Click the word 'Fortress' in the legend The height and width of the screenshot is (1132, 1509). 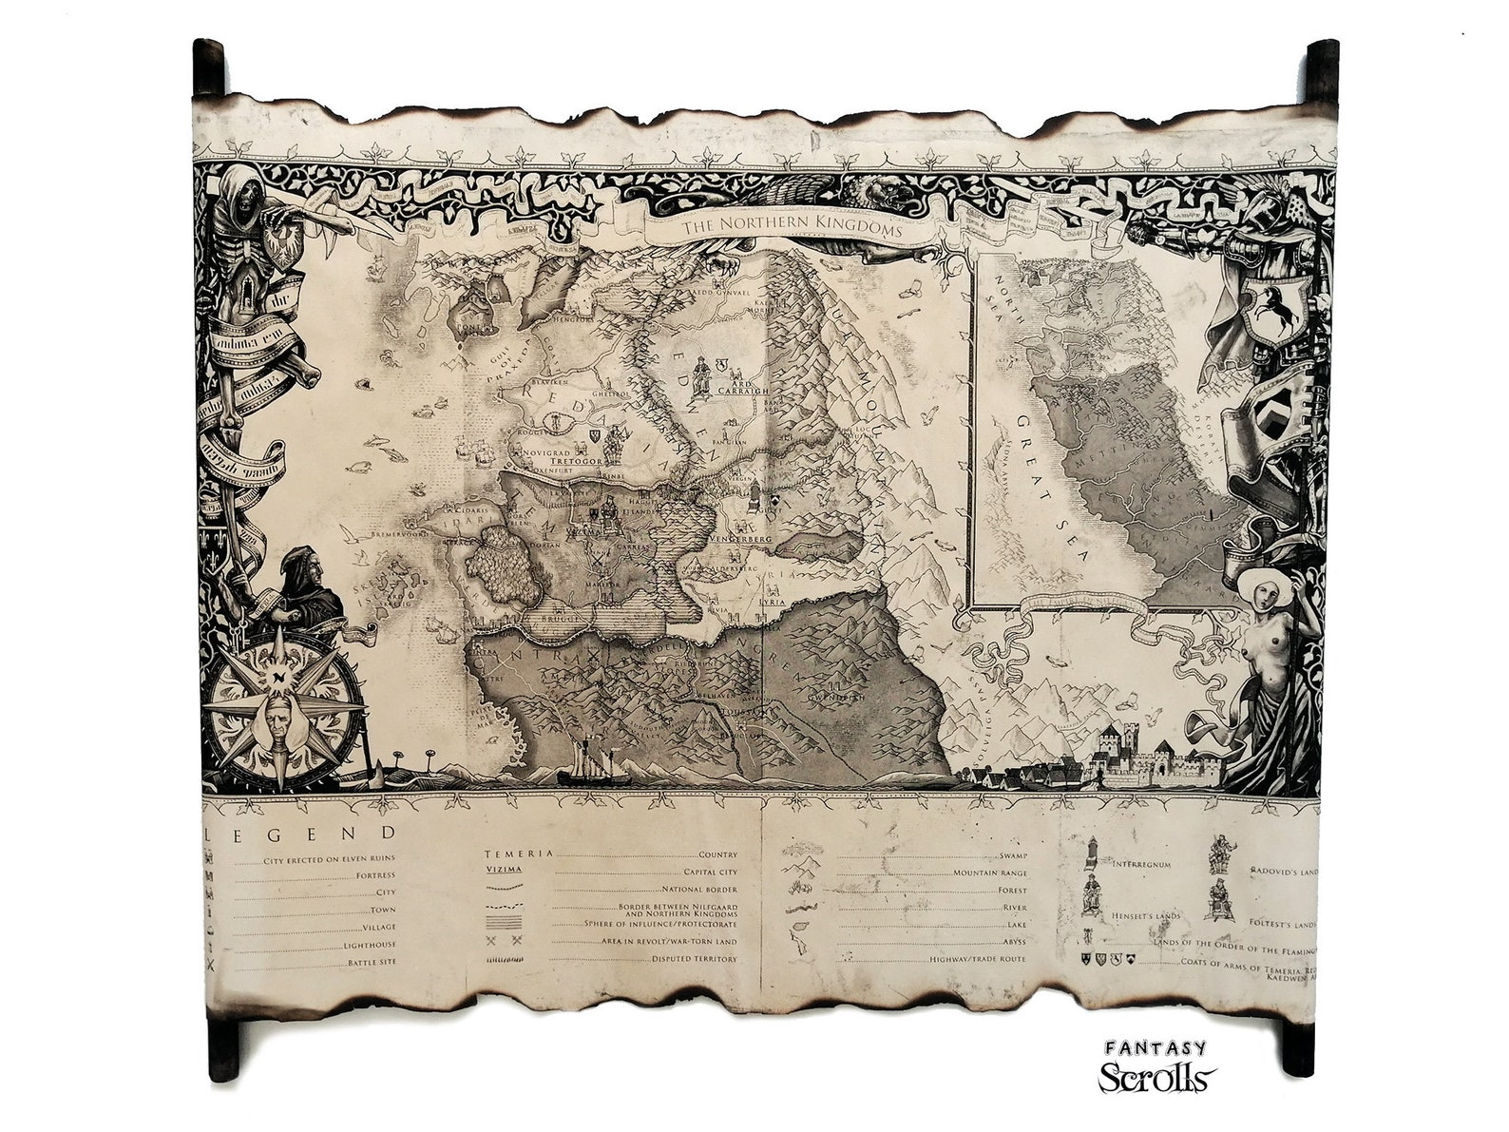(375, 875)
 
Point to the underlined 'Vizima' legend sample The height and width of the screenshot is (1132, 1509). (504, 869)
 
